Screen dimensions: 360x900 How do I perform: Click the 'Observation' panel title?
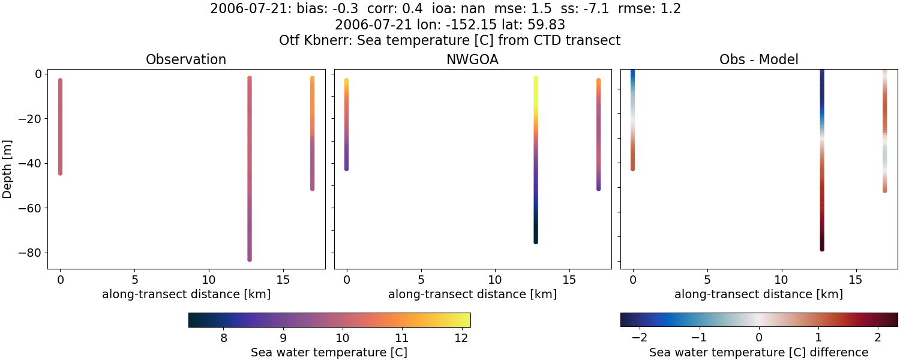(186, 60)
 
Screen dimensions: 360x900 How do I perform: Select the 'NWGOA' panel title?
(472, 60)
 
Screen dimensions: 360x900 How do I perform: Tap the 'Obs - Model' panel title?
(758, 60)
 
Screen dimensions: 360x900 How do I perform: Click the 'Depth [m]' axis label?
(8, 170)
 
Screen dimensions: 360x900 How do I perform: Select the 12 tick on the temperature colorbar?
(461, 338)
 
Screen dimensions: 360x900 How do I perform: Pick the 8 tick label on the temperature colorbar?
(224, 338)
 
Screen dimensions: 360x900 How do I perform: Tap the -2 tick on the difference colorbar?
(641, 338)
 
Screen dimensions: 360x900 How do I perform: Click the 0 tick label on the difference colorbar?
(759, 338)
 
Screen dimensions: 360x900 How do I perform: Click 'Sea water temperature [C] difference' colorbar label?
(758, 352)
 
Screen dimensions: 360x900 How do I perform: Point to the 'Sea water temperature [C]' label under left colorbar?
(329, 352)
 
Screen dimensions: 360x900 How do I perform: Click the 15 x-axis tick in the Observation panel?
(283, 280)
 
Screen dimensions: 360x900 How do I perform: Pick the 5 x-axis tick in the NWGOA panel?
(421, 280)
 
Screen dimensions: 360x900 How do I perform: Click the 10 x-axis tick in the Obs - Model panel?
(781, 280)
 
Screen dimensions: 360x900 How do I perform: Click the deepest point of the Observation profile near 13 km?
(249, 259)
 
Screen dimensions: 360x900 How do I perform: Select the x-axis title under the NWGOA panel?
(472, 295)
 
